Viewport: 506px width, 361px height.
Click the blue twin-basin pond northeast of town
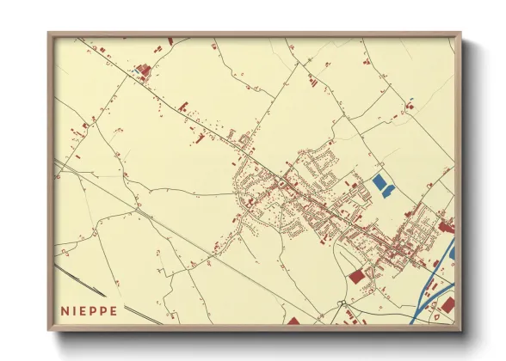coord(381,184)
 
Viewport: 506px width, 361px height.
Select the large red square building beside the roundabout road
coord(356,276)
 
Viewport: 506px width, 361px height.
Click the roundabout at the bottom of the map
coord(342,303)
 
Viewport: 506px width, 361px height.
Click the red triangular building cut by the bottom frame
coord(293,321)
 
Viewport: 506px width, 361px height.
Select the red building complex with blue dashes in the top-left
coord(143,71)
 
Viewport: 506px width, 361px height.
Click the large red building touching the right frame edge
coord(446,227)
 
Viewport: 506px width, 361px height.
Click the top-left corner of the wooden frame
coord(49,34)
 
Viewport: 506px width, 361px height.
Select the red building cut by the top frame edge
coord(170,40)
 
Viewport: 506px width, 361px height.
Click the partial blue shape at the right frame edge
coord(453,249)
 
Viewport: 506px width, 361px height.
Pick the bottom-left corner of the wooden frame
coord(49,329)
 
